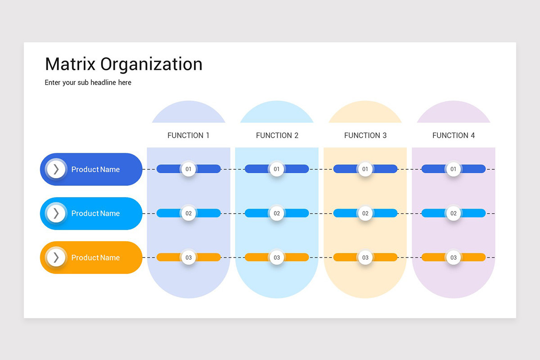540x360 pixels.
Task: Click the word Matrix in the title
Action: [70, 64]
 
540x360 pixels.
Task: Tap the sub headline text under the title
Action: [88, 83]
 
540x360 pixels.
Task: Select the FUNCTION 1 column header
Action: [189, 135]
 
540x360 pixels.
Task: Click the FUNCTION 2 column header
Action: [277, 135]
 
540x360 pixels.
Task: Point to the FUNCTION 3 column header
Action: [365, 135]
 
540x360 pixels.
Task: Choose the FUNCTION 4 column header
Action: [454, 135]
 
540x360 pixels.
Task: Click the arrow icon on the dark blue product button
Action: [56, 169]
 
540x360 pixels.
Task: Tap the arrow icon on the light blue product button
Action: [56, 213]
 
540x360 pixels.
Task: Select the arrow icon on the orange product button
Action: [56, 257]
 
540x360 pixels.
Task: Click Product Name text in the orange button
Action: [95, 258]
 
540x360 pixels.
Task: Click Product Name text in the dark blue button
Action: [95, 170]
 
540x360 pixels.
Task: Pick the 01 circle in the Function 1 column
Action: [189, 169]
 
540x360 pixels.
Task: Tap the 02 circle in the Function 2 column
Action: [277, 213]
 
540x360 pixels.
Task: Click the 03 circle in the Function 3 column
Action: [365, 257]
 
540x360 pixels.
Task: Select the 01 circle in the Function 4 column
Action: [454, 169]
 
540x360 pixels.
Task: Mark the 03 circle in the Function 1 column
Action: [189, 257]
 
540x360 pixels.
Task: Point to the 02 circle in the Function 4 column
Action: [454, 213]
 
